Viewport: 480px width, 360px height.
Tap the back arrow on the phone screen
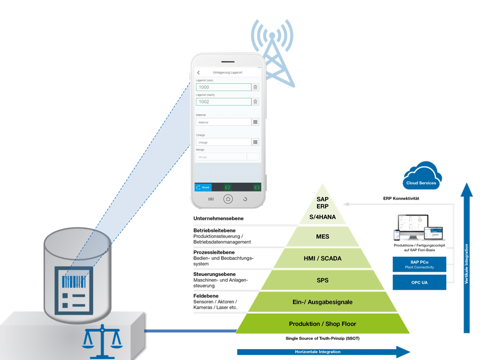coord(198,72)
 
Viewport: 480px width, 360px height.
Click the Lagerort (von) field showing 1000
coord(223,87)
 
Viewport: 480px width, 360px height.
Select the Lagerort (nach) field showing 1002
coord(223,101)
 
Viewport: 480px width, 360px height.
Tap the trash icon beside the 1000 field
coord(255,87)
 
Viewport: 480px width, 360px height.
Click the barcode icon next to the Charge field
coord(255,142)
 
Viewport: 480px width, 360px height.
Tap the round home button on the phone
coord(228,198)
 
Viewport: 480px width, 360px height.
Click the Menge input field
coord(221,157)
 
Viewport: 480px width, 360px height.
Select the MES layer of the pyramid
coord(322,236)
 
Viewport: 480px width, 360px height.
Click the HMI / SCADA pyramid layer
coord(322,258)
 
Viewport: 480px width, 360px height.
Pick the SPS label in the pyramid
coord(322,280)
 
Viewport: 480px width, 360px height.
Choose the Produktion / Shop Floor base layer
coord(322,324)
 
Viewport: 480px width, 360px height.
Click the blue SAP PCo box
coord(419,264)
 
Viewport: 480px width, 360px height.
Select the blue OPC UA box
coord(419,282)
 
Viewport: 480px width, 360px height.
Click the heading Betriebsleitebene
coord(214,230)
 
